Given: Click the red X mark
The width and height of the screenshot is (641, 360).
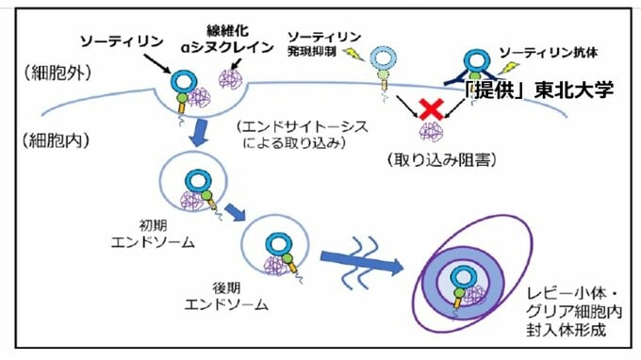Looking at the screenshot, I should coord(432,110).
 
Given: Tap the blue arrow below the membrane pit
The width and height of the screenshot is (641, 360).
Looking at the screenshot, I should coord(201,132).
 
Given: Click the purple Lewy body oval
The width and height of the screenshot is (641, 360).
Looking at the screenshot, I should coord(463,282).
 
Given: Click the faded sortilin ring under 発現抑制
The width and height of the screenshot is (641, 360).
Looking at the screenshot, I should coord(385,59).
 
